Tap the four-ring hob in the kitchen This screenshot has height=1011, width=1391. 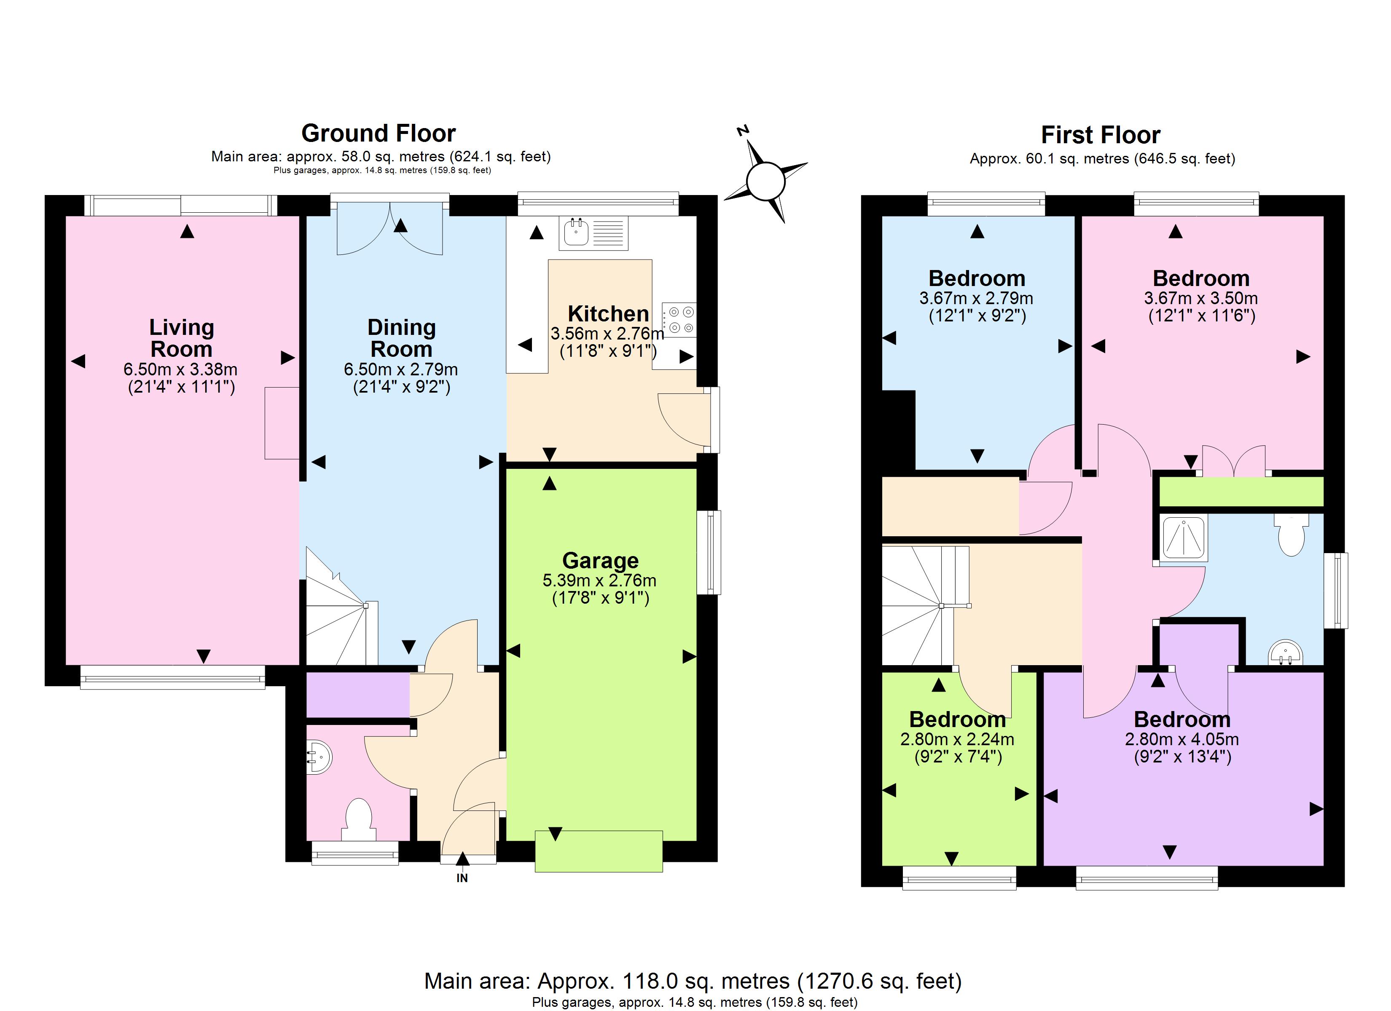click(679, 319)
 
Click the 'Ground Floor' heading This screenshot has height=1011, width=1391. click(379, 133)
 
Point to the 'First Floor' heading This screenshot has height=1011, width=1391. click(1101, 135)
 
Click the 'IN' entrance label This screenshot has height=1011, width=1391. click(462, 878)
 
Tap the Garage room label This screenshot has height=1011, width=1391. click(600, 560)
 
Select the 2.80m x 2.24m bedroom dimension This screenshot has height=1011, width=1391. click(957, 739)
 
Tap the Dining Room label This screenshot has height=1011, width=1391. click(402, 338)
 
